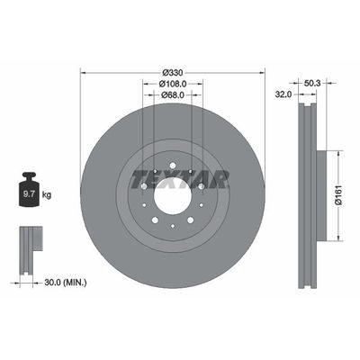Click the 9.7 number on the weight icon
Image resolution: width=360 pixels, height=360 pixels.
tap(27, 192)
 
